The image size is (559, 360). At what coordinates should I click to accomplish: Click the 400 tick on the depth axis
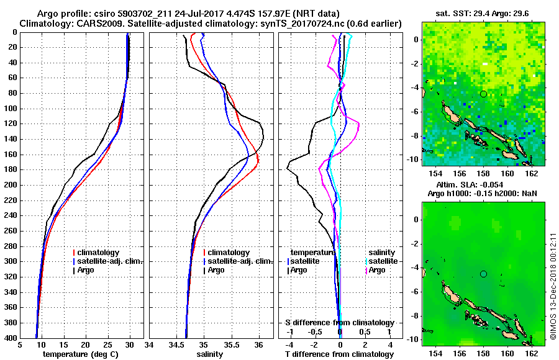[11, 338]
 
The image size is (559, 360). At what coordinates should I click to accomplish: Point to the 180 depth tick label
[11, 169]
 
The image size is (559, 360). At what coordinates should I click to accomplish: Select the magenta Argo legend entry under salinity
[376, 270]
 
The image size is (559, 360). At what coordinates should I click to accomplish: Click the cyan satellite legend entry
[381, 261]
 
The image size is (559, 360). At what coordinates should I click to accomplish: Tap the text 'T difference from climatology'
[339, 354]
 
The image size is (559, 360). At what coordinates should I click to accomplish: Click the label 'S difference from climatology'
[339, 323]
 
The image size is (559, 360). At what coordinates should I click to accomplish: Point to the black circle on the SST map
[483, 94]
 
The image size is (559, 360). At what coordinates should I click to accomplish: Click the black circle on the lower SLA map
[483, 274]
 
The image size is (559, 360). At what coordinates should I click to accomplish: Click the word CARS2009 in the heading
[94, 23]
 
